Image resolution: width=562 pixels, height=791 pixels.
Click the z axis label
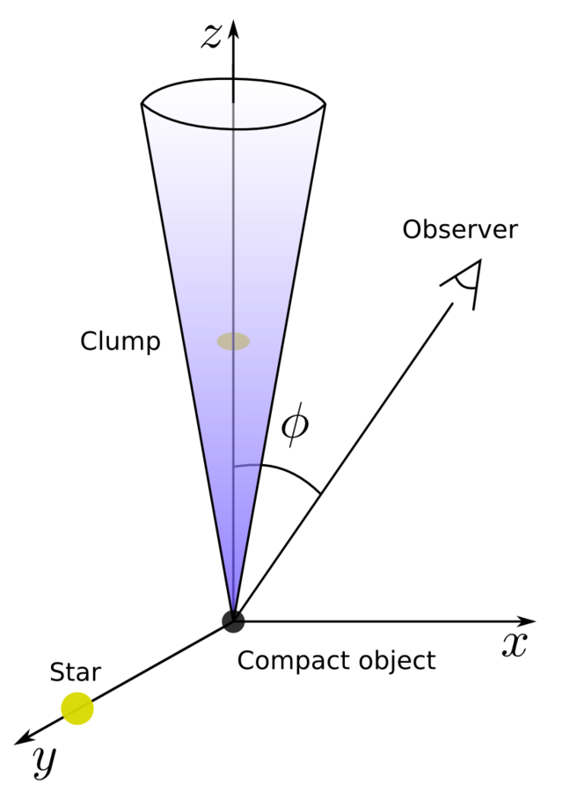click(211, 36)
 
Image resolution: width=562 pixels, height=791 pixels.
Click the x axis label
click(514, 645)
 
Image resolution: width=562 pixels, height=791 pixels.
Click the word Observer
click(460, 230)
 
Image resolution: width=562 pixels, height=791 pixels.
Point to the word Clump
click(120, 341)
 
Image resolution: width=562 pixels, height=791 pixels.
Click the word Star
click(75, 674)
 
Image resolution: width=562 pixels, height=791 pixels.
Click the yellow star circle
click(77, 708)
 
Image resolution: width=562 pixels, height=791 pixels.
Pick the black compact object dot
click(233, 620)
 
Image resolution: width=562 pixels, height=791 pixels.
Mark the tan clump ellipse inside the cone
click(233, 341)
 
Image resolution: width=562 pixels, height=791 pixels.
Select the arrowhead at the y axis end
click(25, 738)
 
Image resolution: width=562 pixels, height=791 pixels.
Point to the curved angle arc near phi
click(290, 475)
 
